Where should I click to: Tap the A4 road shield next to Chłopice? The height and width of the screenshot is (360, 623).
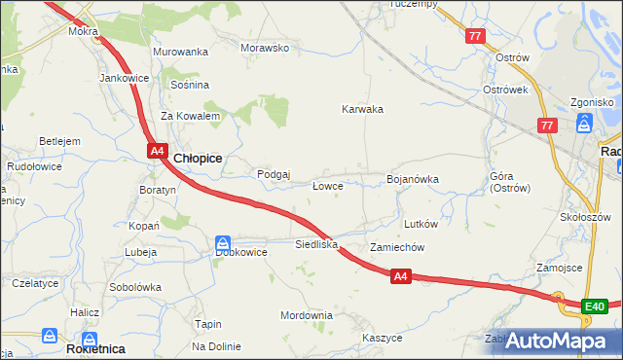(157, 150)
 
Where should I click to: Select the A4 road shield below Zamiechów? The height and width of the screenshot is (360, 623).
(401, 277)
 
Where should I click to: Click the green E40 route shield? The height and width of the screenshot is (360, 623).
(595, 307)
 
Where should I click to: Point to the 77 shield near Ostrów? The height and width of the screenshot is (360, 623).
(475, 37)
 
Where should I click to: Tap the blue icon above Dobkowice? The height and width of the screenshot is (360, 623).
(223, 241)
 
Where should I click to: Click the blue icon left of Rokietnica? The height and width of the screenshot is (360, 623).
(50, 336)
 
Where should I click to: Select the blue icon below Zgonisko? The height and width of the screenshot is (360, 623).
(584, 123)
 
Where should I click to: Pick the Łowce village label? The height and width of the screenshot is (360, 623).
(326, 185)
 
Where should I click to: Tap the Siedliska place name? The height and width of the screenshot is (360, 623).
(316, 244)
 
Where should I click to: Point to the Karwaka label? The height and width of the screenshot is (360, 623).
(362, 109)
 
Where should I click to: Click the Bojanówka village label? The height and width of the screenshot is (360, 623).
(413, 179)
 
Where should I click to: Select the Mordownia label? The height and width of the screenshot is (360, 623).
(307, 315)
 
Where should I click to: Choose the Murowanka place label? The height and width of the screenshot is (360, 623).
(181, 51)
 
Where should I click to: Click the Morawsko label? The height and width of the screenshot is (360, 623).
(265, 47)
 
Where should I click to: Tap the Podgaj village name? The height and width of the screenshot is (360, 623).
(274, 174)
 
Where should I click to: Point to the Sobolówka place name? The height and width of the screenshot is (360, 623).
(134, 287)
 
